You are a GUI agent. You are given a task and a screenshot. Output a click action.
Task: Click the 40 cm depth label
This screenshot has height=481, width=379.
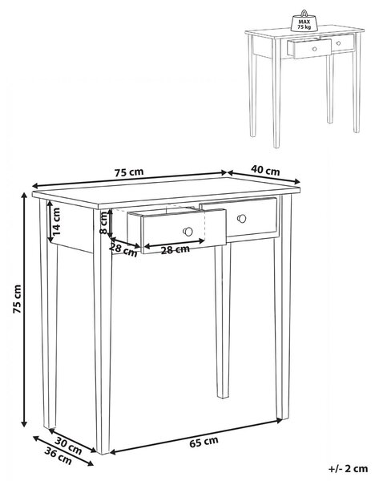pos(265,170)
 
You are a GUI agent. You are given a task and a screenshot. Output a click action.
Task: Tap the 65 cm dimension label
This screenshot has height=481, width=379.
pos(204,442)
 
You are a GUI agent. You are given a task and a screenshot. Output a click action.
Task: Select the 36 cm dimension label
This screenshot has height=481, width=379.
pos(58,455)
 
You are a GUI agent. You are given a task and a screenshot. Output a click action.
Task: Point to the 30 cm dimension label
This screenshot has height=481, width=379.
pos(68,446)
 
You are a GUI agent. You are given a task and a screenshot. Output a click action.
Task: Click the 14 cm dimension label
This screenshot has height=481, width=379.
pos(56,221)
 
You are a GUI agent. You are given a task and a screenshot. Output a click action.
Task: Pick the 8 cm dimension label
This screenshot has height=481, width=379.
pos(104,223)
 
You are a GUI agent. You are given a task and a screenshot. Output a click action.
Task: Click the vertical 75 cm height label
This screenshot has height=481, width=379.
pos(17,299)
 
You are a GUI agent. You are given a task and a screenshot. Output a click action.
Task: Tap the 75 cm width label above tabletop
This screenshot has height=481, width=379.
pos(129,172)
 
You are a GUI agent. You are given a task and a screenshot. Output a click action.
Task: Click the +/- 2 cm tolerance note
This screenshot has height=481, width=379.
pos(348,469)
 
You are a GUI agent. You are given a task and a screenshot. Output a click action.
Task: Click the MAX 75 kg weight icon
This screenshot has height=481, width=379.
pos(304,22)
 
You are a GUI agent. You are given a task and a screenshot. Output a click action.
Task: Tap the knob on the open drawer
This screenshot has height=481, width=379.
pos(187,232)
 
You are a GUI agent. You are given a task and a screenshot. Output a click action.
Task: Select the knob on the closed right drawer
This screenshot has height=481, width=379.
pos(242,219)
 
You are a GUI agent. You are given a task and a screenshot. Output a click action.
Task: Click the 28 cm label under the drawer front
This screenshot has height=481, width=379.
pos(175,250)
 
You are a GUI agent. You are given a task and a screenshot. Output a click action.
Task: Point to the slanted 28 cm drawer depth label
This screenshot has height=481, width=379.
pos(123,249)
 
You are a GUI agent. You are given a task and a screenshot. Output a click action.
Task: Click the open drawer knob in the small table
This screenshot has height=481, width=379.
pos(314,48)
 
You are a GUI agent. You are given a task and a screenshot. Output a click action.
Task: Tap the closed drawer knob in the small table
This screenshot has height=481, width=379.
pos(338,43)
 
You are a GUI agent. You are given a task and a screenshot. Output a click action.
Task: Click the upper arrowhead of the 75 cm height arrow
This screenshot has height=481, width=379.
pos(23,196)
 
